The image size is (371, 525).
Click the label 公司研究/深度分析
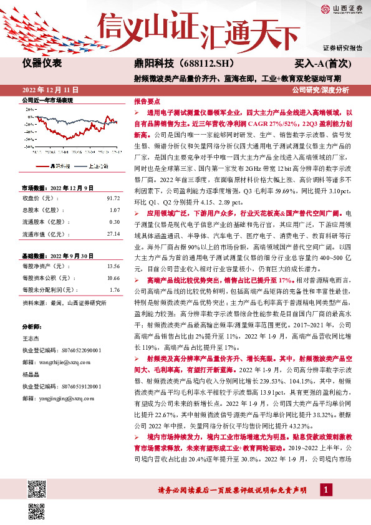tap(325, 90)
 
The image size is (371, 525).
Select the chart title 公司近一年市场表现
tap(47, 100)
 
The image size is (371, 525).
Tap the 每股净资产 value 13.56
tap(113, 266)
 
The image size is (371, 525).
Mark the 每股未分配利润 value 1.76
tap(114, 289)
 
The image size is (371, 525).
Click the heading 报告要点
tap(147, 100)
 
